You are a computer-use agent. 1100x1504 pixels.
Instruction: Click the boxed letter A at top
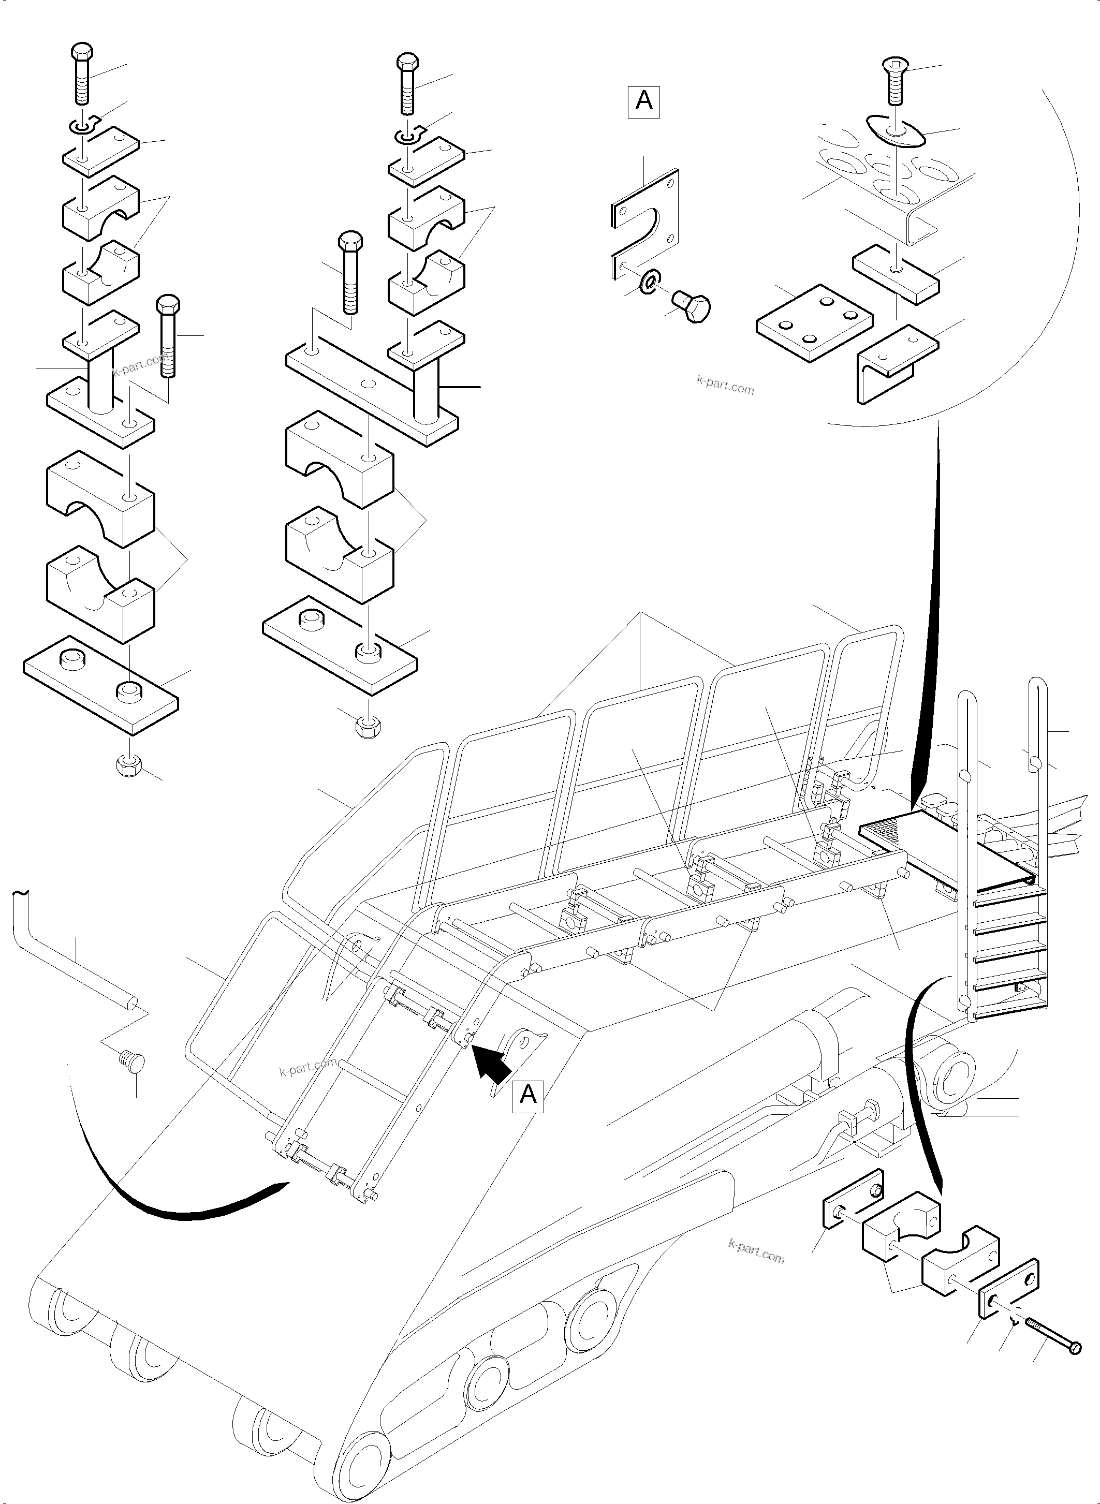click(x=643, y=102)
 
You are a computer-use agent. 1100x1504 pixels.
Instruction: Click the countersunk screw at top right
click(x=896, y=80)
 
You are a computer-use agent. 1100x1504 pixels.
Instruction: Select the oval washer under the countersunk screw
click(x=896, y=130)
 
